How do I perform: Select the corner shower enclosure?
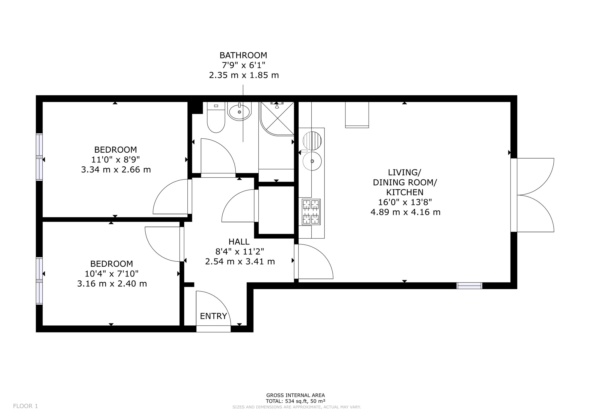(x=277, y=118)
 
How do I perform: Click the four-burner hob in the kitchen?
(x=311, y=212)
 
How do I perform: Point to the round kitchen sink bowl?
(x=312, y=161)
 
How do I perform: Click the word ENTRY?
(x=214, y=316)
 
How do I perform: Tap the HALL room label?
(x=239, y=241)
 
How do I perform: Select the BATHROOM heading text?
(x=243, y=55)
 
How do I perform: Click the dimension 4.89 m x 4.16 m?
(x=405, y=212)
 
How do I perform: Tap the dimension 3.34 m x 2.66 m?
(x=116, y=170)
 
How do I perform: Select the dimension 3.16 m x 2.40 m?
(x=112, y=284)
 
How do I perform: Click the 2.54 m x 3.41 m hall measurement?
(x=240, y=261)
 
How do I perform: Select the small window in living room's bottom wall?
(x=469, y=286)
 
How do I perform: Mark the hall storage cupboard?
(x=276, y=210)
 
